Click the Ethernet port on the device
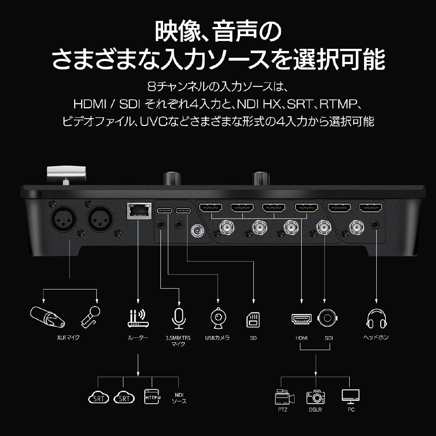(139, 211)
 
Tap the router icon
(138, 319)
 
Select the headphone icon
(377, 319)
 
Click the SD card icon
(253, 320)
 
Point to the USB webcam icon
(218, 318)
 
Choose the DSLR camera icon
(316, 397)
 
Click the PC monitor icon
(351, 397)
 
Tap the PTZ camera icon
(284, 397)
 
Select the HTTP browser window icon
(152, 396)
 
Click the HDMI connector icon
(301, 319)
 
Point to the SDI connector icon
(327, 318)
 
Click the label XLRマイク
(68, 337)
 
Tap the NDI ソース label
(179, 398)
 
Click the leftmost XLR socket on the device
(63, 218)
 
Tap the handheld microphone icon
(90, 317)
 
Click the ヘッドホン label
(376, 337)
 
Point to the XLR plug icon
(48, 317)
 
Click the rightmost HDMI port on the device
(371, 208)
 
